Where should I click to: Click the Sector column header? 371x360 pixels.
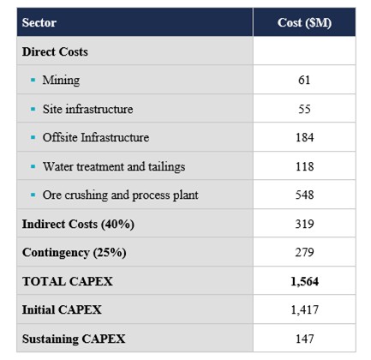click(x=39, y=22)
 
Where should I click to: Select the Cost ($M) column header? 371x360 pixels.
click(x=304, y=23)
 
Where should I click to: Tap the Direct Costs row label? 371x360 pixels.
click(x=55, y=51)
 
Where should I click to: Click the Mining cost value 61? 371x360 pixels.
click(x=304, y=80)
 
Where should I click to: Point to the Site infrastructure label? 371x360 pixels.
click(x=87, y=109)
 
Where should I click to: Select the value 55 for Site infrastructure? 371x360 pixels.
click(x=304, y=109)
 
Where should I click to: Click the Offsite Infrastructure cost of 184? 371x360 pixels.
click(x=304, y=137)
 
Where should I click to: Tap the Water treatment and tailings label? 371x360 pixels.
click(x=114, y=167)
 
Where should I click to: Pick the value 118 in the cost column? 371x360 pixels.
click(x=304, y=166)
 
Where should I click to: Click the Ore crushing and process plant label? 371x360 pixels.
click(x=120, y=195)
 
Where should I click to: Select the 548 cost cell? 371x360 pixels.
click(x=304, y=195)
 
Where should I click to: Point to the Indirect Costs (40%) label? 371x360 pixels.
click(x=78, y=224)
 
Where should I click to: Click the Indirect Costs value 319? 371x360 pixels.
click(x=304, y=224)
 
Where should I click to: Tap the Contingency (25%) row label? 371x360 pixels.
click(x=74, y=253)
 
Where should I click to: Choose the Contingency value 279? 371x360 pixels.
click(x=304, y=252)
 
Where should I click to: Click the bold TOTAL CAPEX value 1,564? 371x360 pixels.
click(x=304, y=281)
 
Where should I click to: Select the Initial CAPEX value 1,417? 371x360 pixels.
click(x=304, y=309)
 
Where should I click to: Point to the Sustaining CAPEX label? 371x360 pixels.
click(x=74, y=339)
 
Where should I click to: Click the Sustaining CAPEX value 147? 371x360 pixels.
click(x=304, y=339)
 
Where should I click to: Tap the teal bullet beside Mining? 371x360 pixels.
click(x=33, y=80)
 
